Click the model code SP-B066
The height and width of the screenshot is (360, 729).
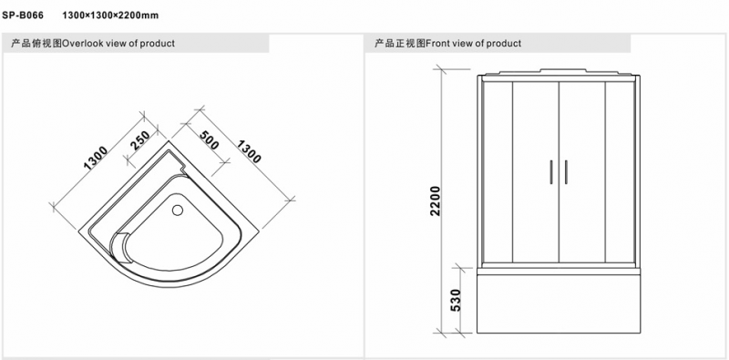point(23,15)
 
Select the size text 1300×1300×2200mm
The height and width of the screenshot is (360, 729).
point(110,15)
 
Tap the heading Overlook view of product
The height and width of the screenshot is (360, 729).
point(118,43)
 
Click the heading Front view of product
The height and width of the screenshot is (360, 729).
point(473,43)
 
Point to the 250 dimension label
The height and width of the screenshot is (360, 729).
point(140,140)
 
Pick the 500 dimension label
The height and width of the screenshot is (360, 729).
point(209,140)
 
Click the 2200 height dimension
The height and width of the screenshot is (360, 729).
point(436,201)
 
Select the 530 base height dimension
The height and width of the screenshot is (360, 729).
point(456,301)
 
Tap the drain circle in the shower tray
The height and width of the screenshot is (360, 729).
point(178,211)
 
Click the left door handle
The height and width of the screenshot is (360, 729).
point(551,172)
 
